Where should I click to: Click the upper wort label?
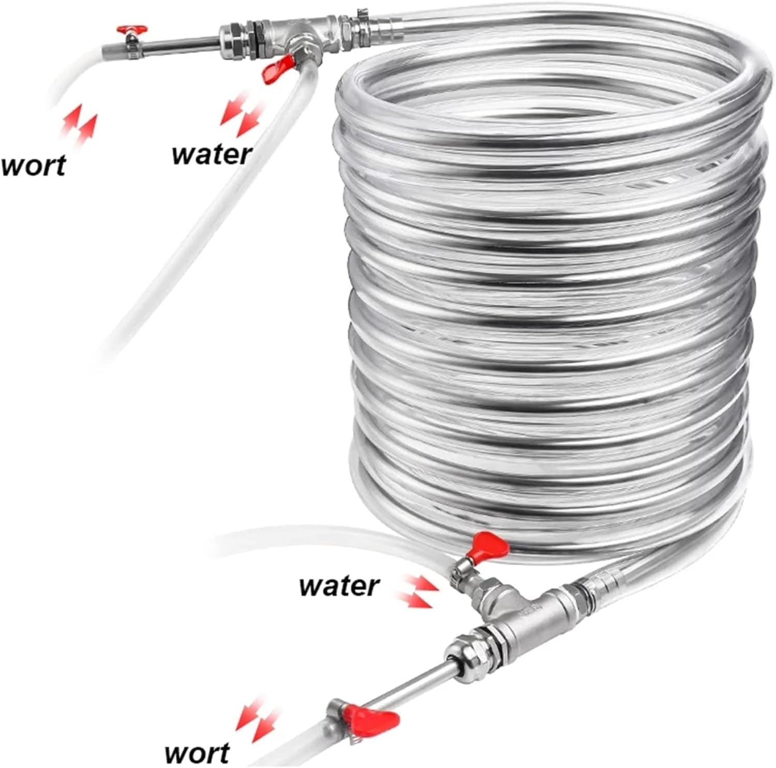(34, 164)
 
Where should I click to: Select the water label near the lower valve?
(339, 585)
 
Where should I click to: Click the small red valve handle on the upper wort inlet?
(131, 30)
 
